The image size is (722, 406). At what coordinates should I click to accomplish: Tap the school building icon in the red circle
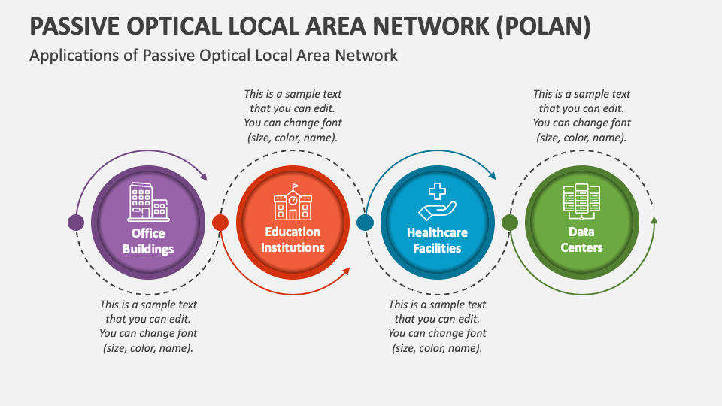click(x=293, y=202)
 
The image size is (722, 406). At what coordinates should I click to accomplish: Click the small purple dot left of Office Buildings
click(x=76, y=223)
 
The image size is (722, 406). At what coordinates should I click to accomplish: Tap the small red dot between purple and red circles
click(x=220, y=223)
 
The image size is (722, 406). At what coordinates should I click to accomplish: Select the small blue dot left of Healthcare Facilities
click(x=365, y=223)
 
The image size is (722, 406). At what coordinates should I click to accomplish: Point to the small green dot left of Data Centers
click(x=509, y=223)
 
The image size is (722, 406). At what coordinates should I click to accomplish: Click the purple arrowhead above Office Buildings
click(x=203, y=176)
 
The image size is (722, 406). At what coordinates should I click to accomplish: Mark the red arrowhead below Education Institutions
click(x=346, y=271)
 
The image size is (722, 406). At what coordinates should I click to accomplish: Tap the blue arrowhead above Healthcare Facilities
click(x=492, y=176)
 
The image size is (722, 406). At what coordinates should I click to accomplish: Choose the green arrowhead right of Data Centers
click(x=654, y=220)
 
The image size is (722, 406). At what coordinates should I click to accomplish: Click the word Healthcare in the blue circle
click(x=437, y=232)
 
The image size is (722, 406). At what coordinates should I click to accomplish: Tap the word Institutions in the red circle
click(x=293, y=247)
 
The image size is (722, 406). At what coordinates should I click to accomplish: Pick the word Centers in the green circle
click(x=581, y=247)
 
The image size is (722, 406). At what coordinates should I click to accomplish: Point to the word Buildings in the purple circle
click(x=149, y=249)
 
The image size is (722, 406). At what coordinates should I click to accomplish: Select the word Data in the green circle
click(x=581, y=232)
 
